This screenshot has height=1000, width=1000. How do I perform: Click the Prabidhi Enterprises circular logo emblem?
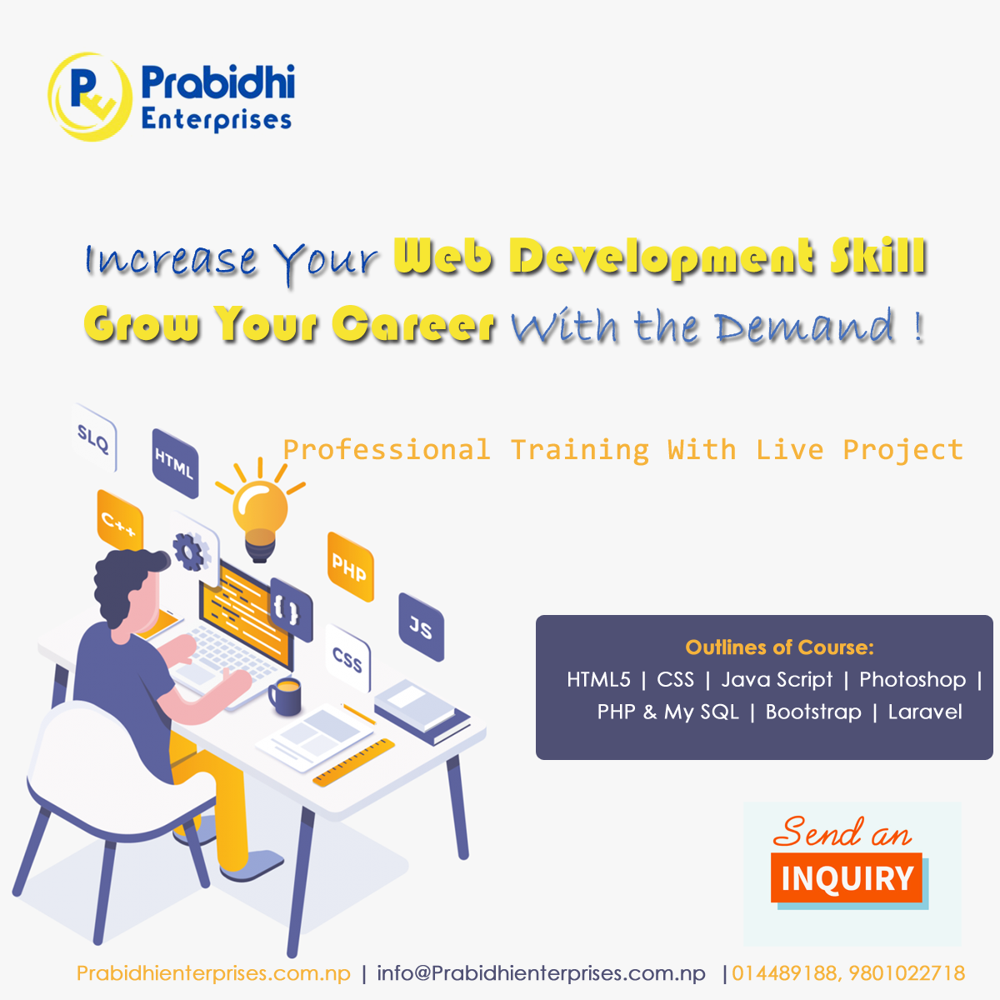coord(90,97)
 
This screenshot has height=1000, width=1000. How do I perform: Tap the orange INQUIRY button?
coord(847,878)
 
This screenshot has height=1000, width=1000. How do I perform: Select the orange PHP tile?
coord(350,567)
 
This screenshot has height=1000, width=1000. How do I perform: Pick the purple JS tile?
coord(421,626)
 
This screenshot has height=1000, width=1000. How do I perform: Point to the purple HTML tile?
coord(175,462)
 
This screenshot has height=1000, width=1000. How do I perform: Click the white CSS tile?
coord(347,659)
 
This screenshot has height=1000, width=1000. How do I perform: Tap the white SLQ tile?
coord(94,437)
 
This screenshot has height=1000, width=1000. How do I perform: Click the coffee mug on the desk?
coord(285,696)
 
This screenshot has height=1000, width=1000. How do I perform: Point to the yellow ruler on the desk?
coord(353,763)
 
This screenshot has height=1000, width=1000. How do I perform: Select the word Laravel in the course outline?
coord(925,712)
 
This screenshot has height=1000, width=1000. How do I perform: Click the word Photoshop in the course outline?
coord(912,680)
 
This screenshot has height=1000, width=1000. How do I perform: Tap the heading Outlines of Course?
coord(779,647)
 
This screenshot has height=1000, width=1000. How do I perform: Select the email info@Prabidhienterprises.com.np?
coord(541,973)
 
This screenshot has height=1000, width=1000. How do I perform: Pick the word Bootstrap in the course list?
coord(813,712)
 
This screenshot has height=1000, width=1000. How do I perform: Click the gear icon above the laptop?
coord(191,551)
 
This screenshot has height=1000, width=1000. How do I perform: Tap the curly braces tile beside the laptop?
coord(287,609)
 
